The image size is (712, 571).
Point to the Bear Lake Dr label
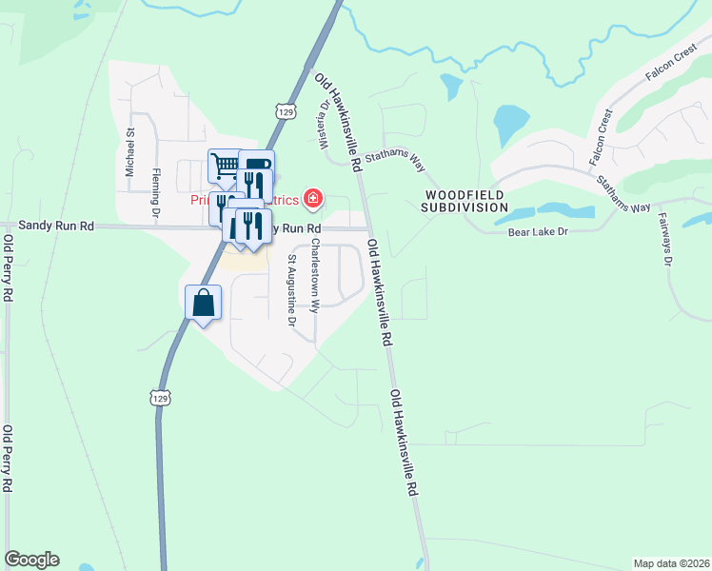pyautogui.click(x=537, y=231)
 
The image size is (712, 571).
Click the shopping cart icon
pyautogui.click(x=226, y=166)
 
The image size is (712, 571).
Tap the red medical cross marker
pyautogui.click(x=312, y=198)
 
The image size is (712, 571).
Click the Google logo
pyautogui.click(x=31, y=560)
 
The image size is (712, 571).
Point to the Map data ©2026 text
pyautogui.click(x=671, y=562)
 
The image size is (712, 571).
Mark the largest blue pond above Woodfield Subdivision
pyautogui.click(x=510, y=121)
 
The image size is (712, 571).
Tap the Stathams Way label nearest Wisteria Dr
pyautogui.click(x=393, y=160)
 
